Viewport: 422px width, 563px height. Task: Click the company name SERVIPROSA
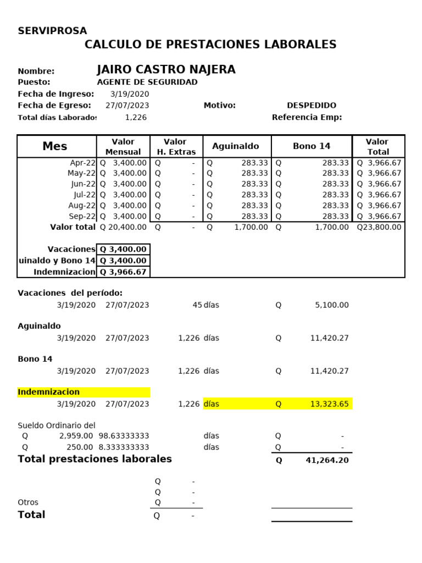pyautogui.click(x=52, y=31)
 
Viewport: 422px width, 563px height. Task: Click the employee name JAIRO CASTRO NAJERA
pyautogui.click(x=166, y=69)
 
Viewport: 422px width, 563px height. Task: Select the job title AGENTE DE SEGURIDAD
pyautogui.click(x=147, y=82)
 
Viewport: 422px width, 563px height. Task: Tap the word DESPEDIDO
pyautogui.click(x=312, y=106)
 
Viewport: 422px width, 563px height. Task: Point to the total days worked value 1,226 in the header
pyautogui.click(x=136, y=117)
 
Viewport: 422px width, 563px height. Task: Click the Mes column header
pyautogui.click(x=55, y=146)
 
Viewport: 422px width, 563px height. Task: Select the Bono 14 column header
pyautogui.click(x=312, y=146)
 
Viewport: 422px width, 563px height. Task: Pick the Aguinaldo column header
pyautogui.click(x=235, y=146)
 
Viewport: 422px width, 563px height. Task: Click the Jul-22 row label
pyautogui.click(x=84, y=195)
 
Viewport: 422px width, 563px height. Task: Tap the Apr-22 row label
pyautogui.click(x=82, y=163)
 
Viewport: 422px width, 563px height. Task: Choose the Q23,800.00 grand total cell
pyautogui.click(x=379, y=227)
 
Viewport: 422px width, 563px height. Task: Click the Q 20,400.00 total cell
pyautogui.click(x=123, y=227)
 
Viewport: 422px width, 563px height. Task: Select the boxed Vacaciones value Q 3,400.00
pyautogui.click(x=123, y=250)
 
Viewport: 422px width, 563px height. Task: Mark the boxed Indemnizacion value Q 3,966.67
pyautogui.click(x=123, y=272)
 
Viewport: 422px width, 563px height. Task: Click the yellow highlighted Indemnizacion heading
pyautogui.click(x=49, y=392)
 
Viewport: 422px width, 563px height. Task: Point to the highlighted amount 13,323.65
pyautogui.click(x=329, y=404)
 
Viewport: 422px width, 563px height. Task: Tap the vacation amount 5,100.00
pyautogui.click(x=331, y=305)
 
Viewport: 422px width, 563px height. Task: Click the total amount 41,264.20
pyautogui.click(x=327, y=460)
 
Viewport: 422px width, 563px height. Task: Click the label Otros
pyautogui.click(x=28, y=503)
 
